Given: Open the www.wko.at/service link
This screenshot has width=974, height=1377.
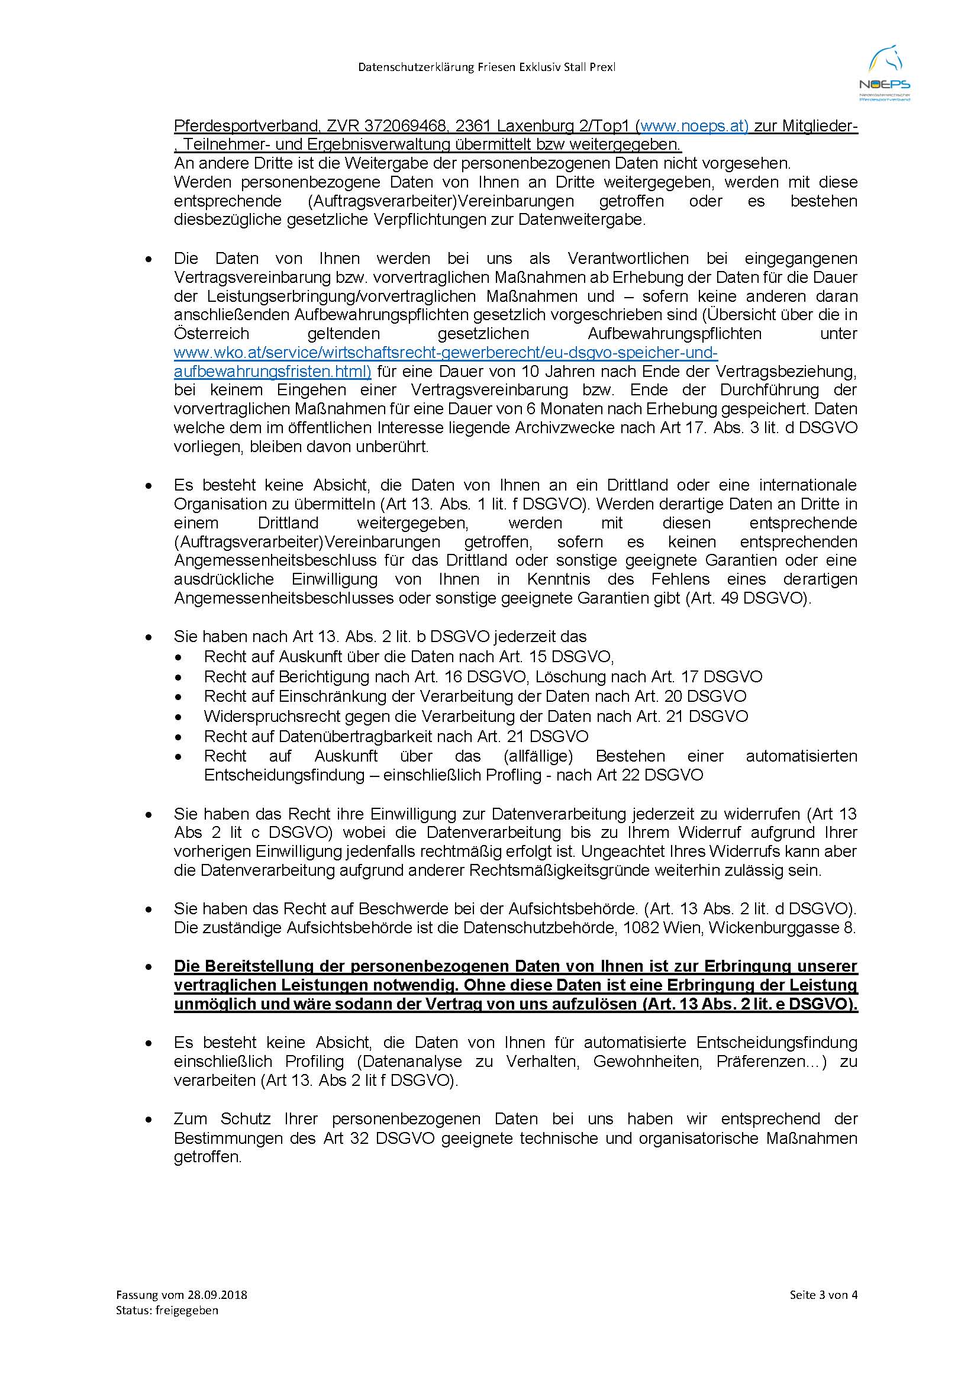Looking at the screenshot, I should point(445,353).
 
